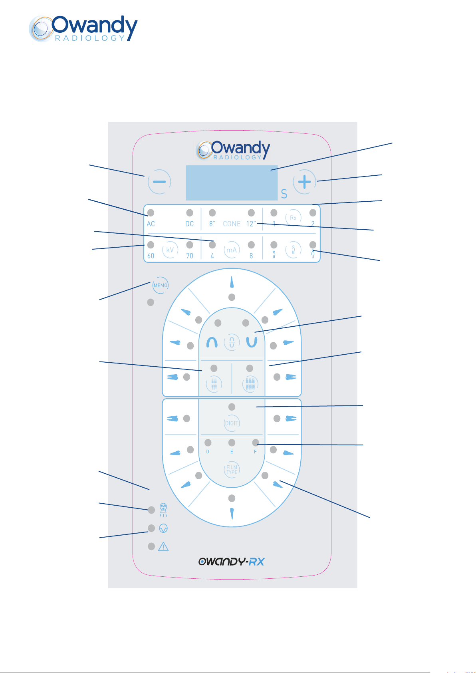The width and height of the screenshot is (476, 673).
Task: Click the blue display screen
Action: coord(232,183)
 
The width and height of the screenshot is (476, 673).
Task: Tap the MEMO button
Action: coord(161,285)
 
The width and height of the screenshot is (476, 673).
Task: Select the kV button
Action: coord(170,250)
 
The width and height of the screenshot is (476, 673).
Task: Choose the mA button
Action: coord(232,250)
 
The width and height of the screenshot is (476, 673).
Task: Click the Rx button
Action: coord(293,218)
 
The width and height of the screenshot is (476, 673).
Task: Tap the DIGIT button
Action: coord(232,423)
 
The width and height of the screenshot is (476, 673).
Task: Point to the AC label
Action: coord(151,224)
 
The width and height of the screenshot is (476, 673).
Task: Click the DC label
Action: coord(190,224)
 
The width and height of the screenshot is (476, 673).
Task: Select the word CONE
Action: coord(232,224)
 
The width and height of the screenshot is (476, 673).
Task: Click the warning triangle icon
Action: coord(163,546)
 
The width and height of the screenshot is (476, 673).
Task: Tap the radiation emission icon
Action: coord(163,510)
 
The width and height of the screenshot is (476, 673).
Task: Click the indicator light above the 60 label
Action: coord(151,245)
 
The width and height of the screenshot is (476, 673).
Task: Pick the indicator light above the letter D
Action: coord(208,443)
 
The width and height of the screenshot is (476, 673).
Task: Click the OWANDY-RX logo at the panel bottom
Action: coord(231,562)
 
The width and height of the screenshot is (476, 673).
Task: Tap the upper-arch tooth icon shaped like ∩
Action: coord(212,342)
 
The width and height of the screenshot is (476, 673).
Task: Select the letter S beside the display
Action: coord(284,194)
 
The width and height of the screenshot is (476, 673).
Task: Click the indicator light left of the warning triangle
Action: coord(151,546)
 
